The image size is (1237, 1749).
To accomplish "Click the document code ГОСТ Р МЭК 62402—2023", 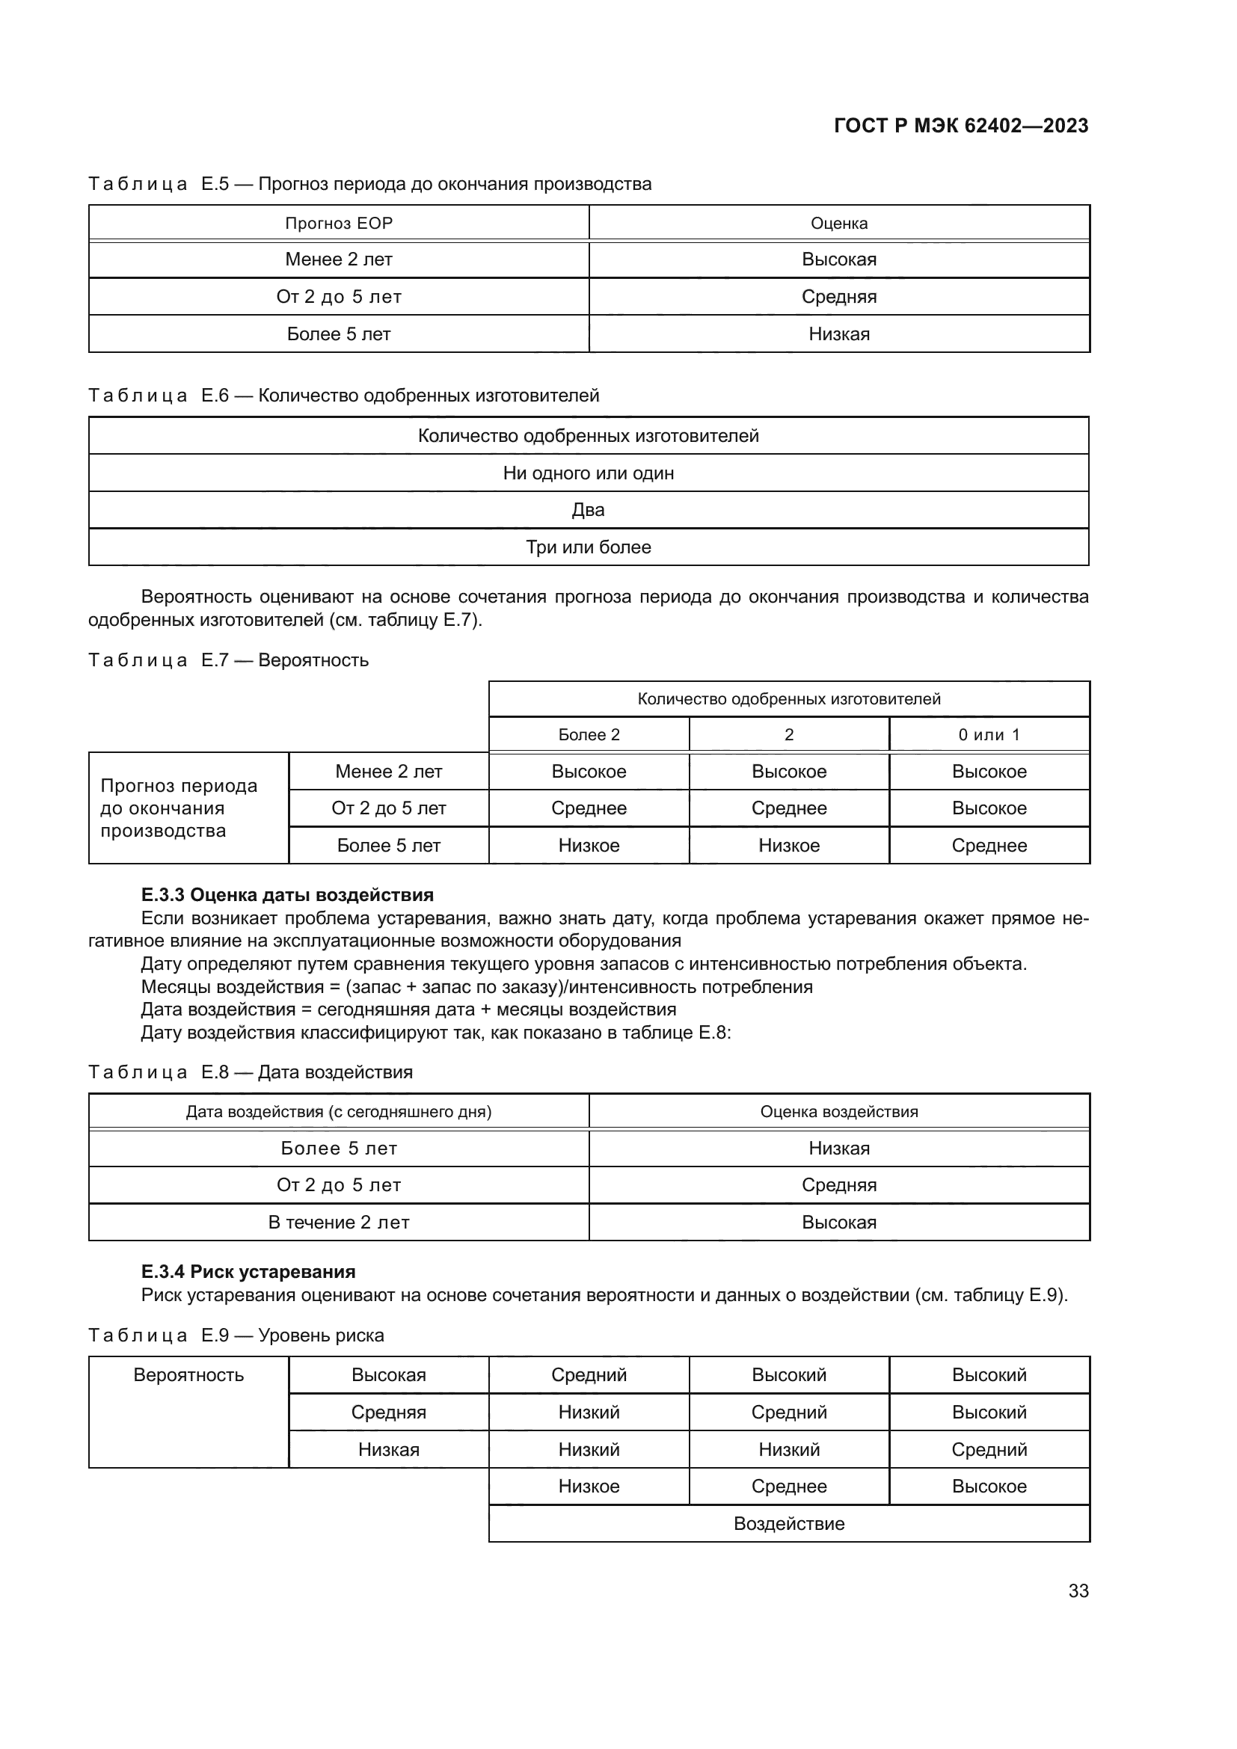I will (960, 126).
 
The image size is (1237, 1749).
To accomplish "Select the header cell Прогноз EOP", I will (338, 223).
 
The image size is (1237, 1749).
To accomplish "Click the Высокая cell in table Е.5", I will (838, 259).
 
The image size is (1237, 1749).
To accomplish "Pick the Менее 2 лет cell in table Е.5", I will (338, 259).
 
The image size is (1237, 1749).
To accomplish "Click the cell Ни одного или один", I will (588, 473).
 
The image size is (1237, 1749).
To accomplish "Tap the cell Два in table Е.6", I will (588, 510).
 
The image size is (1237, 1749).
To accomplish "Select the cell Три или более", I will (588, 547).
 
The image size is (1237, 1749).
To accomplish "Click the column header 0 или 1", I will (989, 734).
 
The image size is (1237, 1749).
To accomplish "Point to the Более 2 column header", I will (589, 734).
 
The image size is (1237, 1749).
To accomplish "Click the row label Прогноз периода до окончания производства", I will (179, 808).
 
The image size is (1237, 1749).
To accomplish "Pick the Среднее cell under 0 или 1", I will (989, 846).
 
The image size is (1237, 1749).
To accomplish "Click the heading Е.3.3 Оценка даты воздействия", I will (287, 895).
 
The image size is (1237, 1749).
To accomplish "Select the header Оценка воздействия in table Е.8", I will (838, 1111).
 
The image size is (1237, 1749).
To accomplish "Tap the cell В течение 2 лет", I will (338, 1223).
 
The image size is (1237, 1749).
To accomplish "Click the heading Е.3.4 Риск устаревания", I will (248, 1271).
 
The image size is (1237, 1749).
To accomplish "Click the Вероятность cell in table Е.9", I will (188, 1375).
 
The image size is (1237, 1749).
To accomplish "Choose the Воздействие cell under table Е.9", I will (788, 1523).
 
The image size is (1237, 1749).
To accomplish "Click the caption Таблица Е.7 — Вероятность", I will (229, 660).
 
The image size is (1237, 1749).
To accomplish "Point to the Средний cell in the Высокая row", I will (589, 1375).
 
